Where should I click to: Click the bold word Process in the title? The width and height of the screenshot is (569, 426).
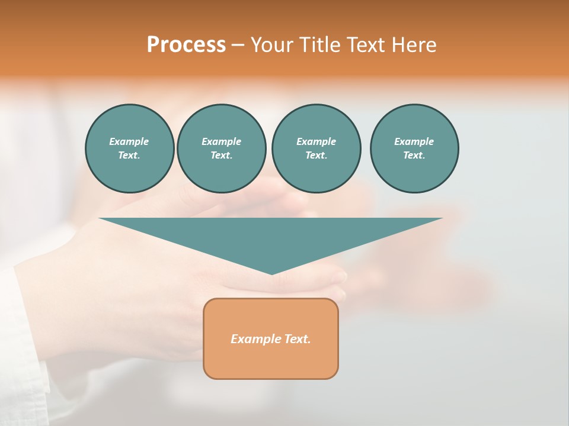click(186, 45)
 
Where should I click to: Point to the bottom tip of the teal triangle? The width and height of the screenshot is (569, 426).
click(271, 273)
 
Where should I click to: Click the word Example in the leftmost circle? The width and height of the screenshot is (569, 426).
click(129, 141)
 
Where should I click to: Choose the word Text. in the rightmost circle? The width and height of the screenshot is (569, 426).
click(414, 156)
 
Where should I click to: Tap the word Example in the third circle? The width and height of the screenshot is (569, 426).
click(316, 141)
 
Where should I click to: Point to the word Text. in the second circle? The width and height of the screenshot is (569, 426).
click(222, 156)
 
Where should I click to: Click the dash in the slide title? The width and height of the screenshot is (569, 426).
click(238, 45)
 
